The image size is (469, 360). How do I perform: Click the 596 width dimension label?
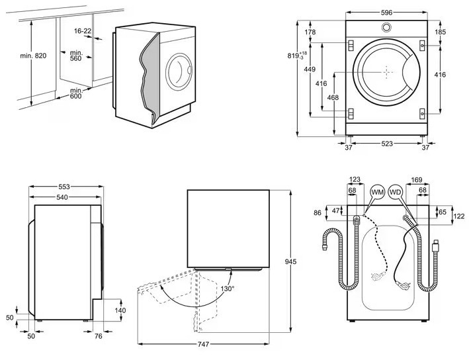pyautogui.click(x=386, y=13)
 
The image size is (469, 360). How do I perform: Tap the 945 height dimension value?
pyautogui.click(x=290, y=262)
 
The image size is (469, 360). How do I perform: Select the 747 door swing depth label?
pyautogui.click(x=203, y=344)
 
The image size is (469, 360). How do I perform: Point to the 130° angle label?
pyautogui.click(x=228, y=289)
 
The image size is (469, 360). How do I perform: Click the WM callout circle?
pyautogui.click(x=377, y=193)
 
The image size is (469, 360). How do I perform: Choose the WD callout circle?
pyautogui.click(x=395, y=193)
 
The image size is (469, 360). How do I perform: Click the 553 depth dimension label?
pyautogui.click(x=64, y=187)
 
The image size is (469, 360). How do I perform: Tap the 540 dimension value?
pyautogui.click(x=62, y=197)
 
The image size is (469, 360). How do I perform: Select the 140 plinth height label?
pyautogui.click(x=120, y=310)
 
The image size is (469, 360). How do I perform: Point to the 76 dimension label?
pyautogui.click(x=98, y=336)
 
